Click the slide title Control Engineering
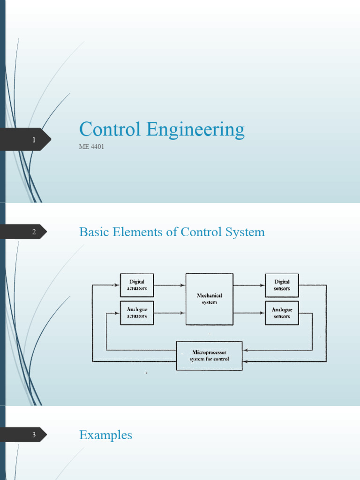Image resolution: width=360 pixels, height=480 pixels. (162, 130)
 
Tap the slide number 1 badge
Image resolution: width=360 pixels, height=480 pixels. (34, 140)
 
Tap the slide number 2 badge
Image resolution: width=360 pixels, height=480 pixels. (34, 232)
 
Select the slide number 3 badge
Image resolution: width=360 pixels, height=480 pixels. (34, 435)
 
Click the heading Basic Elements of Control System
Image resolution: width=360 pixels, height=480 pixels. (172, 232)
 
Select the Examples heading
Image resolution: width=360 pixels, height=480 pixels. (105, 435)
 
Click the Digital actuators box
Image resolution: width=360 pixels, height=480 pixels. (137, 285)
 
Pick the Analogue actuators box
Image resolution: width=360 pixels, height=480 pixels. (137, 313)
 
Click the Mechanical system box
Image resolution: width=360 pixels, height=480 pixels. (209, 299)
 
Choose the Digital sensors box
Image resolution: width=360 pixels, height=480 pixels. (282, 285)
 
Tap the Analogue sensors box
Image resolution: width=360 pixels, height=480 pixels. (282, 313)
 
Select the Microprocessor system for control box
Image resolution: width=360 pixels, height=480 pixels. (209, 356)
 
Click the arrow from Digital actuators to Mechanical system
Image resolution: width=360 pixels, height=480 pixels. (169, 285)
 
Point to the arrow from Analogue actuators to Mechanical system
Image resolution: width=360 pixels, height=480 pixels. (169, 313)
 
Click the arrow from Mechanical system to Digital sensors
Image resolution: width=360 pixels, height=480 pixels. (249, 285)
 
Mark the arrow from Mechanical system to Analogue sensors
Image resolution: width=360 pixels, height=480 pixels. (249, 313)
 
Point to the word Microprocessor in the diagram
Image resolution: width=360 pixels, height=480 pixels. (209, 352)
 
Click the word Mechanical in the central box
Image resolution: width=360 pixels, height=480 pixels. (209, 296)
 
